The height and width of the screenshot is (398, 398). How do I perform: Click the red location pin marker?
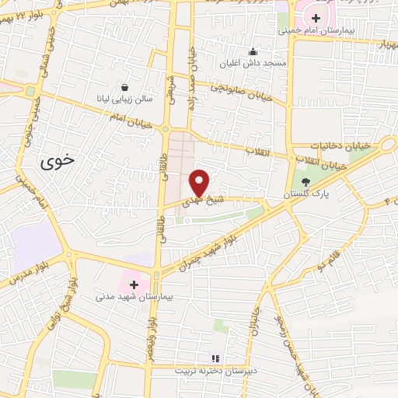[199, 181]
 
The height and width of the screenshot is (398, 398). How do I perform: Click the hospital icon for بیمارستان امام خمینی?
[315, 18]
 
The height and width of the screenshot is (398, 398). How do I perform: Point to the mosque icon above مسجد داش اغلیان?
[252, 52]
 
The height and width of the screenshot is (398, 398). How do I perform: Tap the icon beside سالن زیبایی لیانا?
[124, 87]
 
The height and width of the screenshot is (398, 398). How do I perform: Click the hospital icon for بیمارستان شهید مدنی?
[133, 284]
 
